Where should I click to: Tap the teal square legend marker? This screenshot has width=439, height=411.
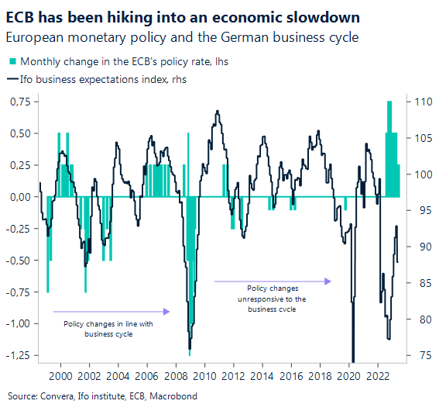[x=12, y=61]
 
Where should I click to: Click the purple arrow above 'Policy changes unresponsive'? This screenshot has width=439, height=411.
[x=273, y=281]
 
